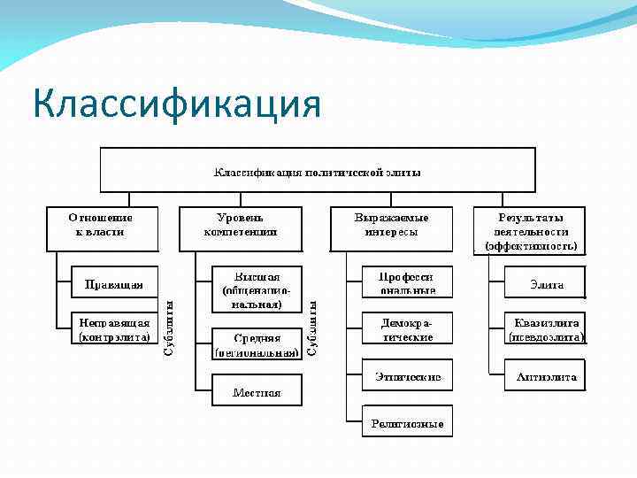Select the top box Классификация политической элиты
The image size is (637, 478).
point(317,170)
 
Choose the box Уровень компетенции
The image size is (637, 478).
point(240,228)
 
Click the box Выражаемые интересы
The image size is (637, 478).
point(391,228)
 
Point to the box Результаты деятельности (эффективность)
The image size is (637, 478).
point(529,230)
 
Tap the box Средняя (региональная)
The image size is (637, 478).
point(257,344)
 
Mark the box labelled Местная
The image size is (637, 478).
point(257,390)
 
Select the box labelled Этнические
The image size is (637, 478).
point(407,376)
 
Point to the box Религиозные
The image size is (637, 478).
point(407,423)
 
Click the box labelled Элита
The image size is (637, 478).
point(546,284)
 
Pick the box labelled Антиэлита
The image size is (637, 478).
point(546,376)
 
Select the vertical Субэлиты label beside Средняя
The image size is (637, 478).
point(311,328)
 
